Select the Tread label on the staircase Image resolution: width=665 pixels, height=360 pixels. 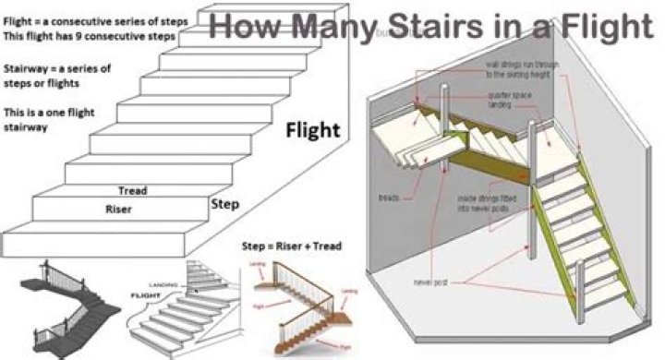click(133, 191)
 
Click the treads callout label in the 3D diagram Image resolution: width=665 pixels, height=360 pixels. click(389, 198)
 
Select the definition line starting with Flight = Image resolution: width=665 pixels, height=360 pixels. click(101, 20)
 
